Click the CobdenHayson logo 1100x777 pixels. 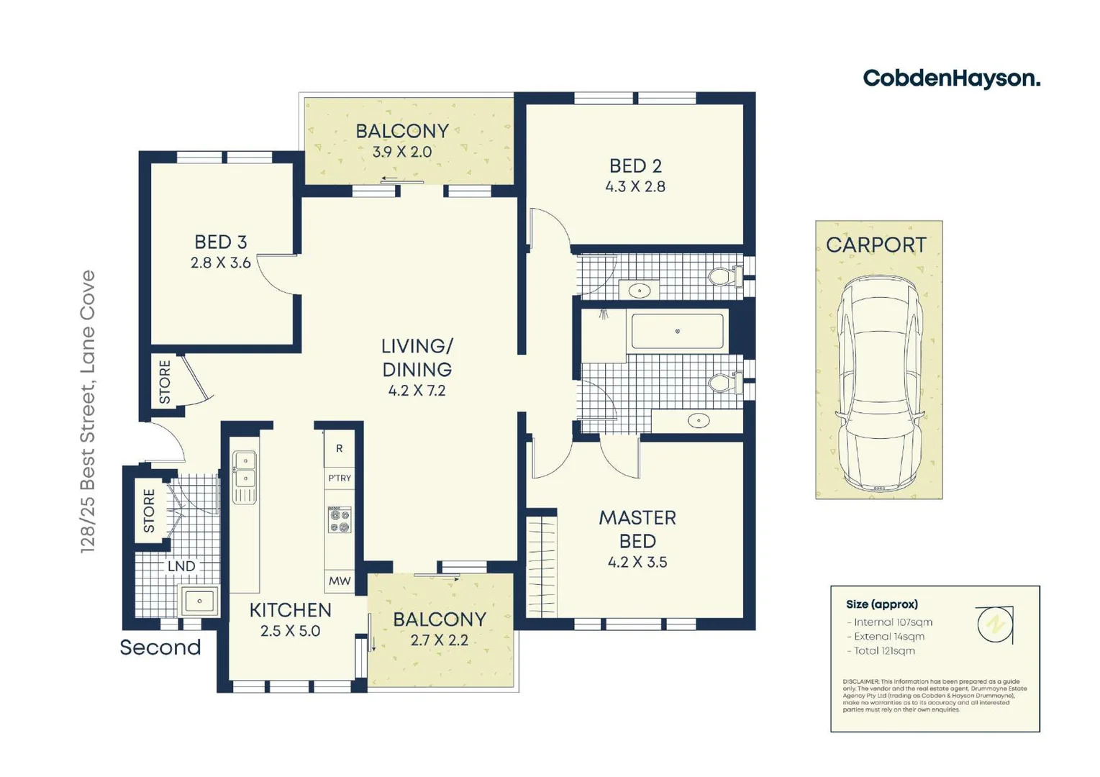pyautogui.click(x=950, y=78)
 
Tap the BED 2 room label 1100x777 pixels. pyautogui.click(x=635, y=166)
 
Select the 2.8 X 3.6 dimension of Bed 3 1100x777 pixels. pyautogui.click(x=221, y=263)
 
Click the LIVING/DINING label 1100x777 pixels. pyautogui.click(x=417, y=358)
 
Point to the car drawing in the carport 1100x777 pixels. pyautogui.click(x=878, y=385)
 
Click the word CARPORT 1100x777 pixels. pyautogui.click(x=876, y=245)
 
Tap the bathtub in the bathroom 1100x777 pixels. pyautogui.click(x=677, y=332)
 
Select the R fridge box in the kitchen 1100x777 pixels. pyautogui.click(x=339, y=448)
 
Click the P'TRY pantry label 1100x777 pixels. pyautogui.click(x=340, y=478)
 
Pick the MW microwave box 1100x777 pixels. pyautogui.click(x=339, y=581)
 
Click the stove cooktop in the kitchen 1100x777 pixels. pyautogui.click(x=340, y=520)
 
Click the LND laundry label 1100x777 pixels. pyautogui.click(x=181, y=567)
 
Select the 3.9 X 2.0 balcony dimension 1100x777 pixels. pyautogui.click(x=401, y=153)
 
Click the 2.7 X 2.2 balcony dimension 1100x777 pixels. pyautogui.click(x=439, y=640)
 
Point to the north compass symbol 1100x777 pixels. pyautogui.click(x=995, y=624)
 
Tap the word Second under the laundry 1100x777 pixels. pyautogui.click(x=160, y=647)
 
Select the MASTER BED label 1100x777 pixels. pyautogui.click(x=637, y=529)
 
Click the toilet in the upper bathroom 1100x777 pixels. pyautogui.click(x=724, y=276)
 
